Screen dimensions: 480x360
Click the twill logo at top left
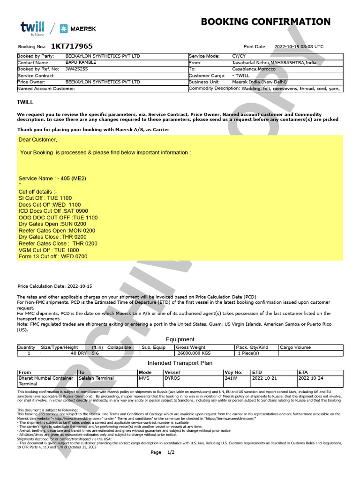[32, 28]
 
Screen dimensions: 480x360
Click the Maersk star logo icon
[64, 29]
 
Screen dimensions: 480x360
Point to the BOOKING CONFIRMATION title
[265, 22]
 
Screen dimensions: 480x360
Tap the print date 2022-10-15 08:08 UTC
[298, 47]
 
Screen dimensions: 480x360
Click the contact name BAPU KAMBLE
[81, 62]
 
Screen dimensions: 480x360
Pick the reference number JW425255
[76, 69]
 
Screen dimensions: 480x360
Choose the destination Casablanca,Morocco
[254, 69]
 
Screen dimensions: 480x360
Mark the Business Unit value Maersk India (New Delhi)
[260, 82]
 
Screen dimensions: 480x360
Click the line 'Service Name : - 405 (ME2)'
[52, 179]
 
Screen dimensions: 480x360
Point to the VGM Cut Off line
[49, 250]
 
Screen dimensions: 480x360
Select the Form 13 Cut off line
[52, 257]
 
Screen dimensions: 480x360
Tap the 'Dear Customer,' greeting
[38, 140]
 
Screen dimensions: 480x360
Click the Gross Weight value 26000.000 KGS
[193, 353]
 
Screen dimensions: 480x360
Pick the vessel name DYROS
[172, 378]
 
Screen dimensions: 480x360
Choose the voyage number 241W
[231, 378]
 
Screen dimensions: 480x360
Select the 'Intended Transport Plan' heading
[180, 363]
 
